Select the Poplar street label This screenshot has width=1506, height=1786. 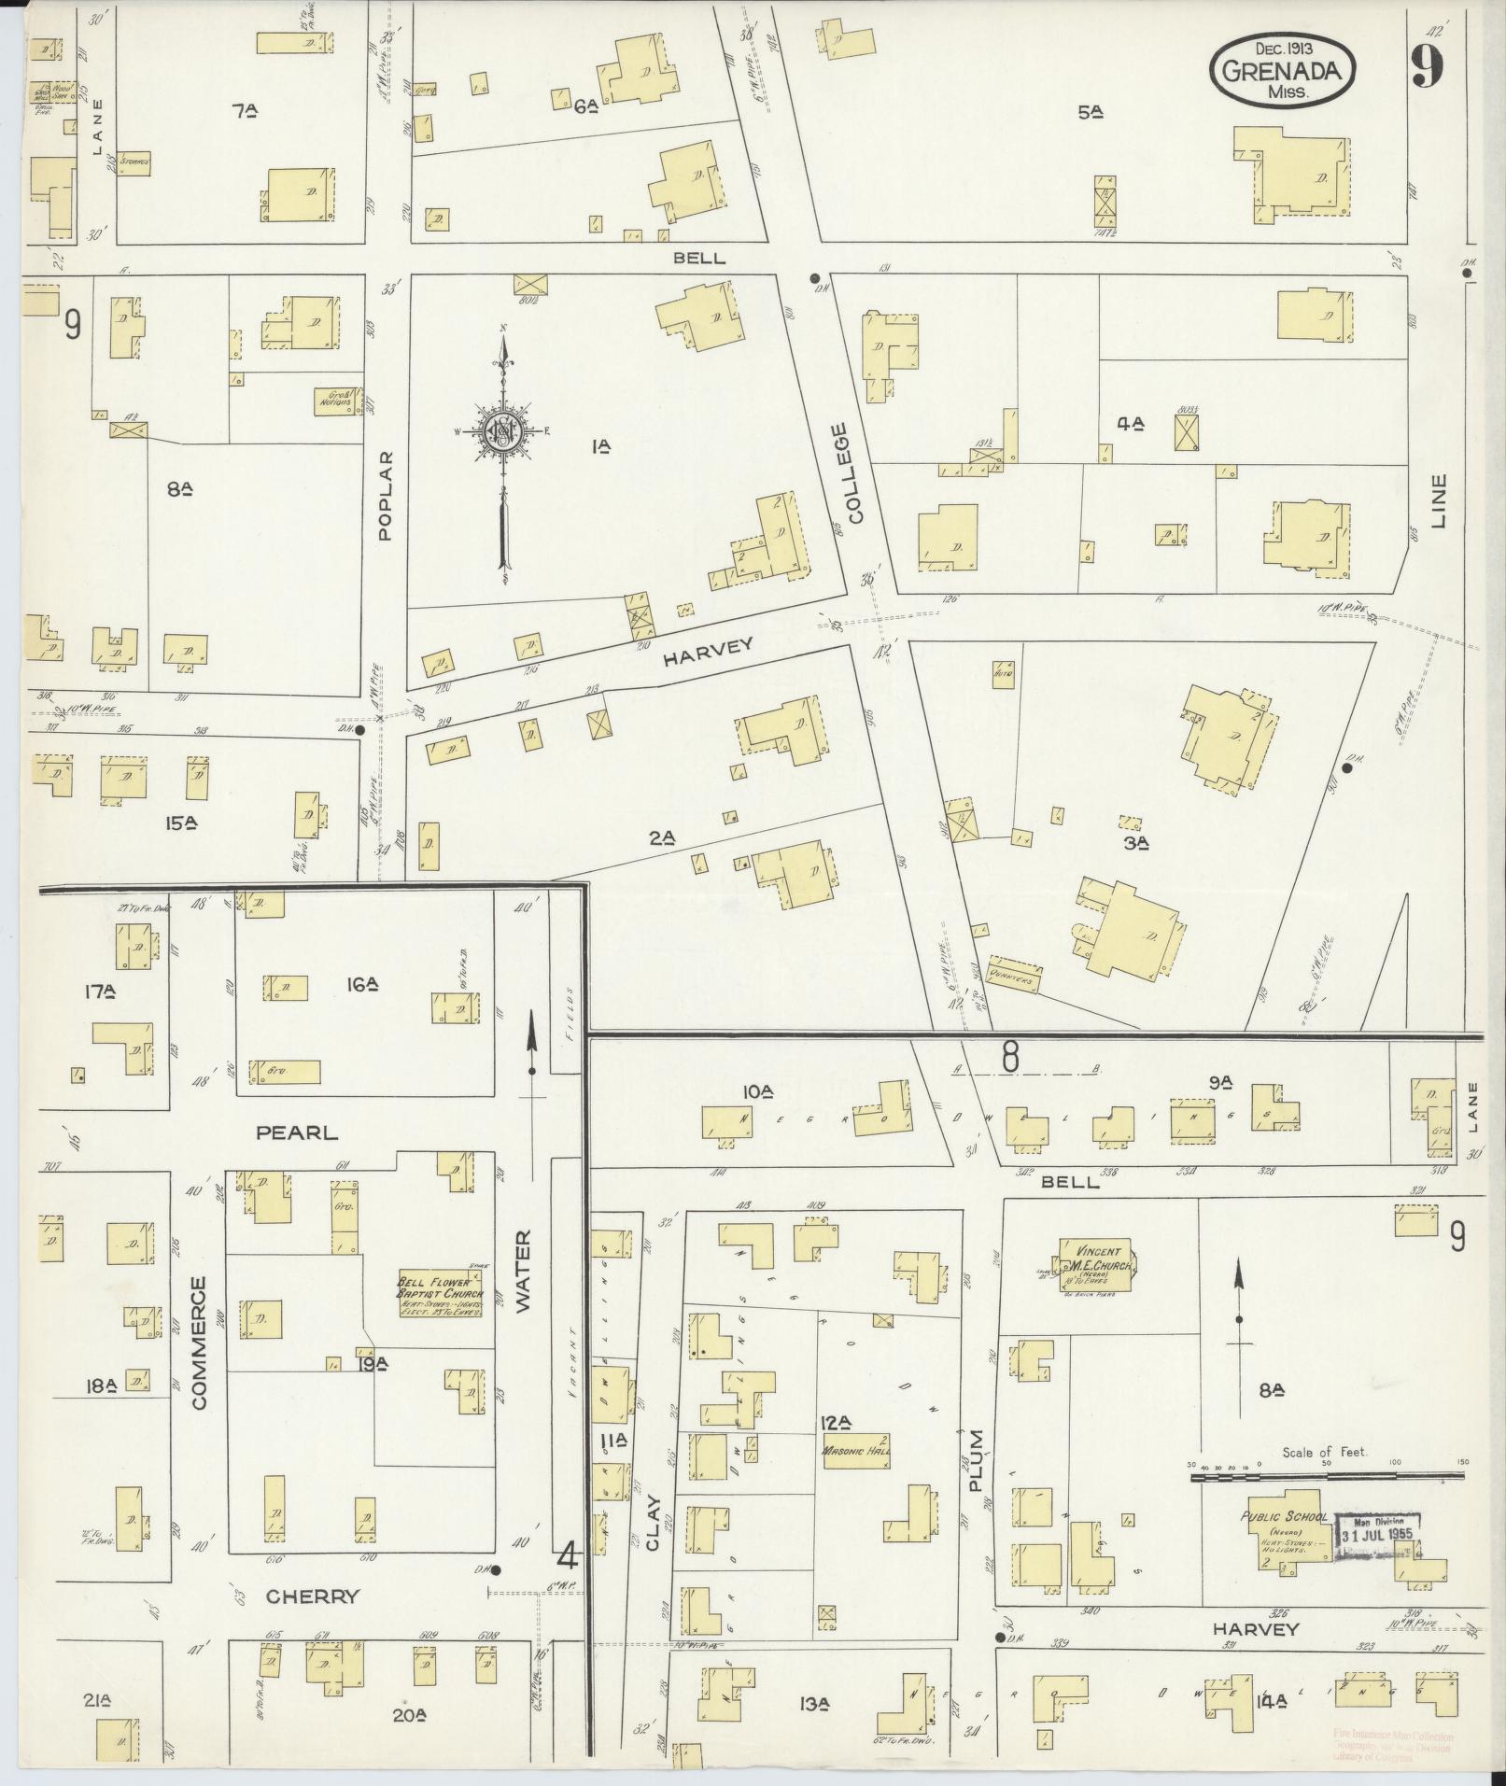click(x=387, y=496)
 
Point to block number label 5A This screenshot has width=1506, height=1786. click(x=1091, y=112)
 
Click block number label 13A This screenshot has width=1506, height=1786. click(x=814, y=1705)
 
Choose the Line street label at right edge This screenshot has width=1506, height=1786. click(x=1437, y=501)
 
